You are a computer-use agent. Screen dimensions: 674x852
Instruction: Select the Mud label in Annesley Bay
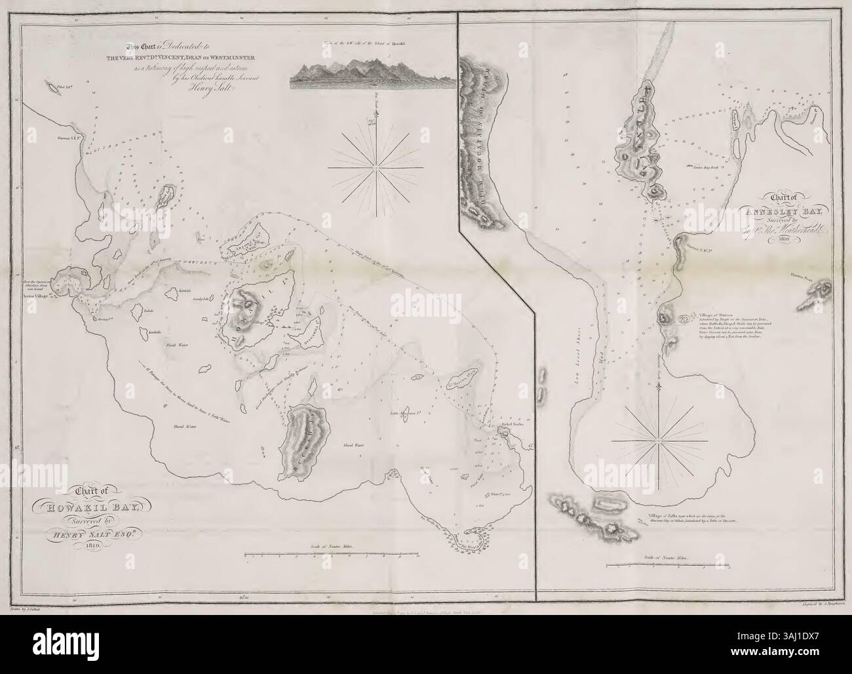coord(594,397)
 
